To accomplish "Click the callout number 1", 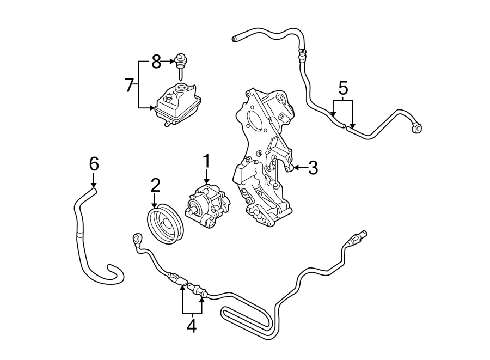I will click(207, 161).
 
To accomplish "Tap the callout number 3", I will click(313, 168).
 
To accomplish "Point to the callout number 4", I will click(191, 326).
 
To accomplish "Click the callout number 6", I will click(94, 163).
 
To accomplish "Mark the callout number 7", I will click(128, 85).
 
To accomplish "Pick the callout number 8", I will click(156, 62).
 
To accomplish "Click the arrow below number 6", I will click(94, 181).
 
